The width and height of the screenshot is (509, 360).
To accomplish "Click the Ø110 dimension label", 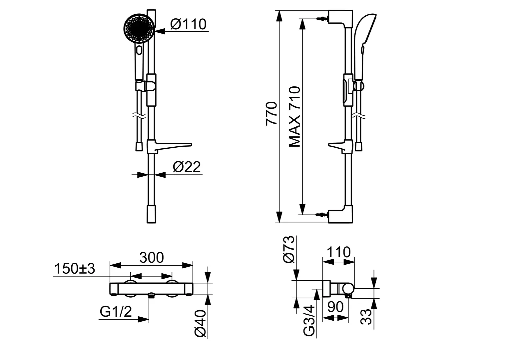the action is [188, 24].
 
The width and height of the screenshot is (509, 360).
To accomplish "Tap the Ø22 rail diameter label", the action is [187, 167].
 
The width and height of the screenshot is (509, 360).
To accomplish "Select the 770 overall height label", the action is [271, 113].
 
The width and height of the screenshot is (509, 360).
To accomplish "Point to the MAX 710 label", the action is [295, 117].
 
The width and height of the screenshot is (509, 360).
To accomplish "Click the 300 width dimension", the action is [152, 257].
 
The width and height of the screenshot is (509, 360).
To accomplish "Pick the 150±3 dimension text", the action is [75, 268].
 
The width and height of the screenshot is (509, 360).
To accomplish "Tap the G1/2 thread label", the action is [116, 311].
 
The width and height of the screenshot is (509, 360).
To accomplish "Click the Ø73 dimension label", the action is [288, 249].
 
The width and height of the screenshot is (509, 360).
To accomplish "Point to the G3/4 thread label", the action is [309, 320].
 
